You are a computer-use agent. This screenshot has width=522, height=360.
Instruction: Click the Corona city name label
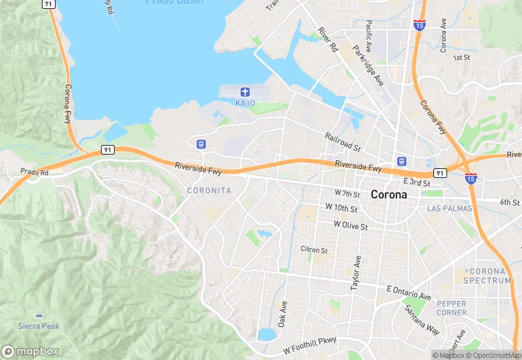(x=388, y=194)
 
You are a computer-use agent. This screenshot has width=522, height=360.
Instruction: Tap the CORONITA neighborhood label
(x=209, y=190)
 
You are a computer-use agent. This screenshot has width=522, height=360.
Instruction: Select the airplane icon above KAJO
(x=245, y=92)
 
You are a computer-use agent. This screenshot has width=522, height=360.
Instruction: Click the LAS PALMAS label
(x=449, y=208)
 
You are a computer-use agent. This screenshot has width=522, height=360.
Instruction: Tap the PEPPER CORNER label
(x=451, y=308)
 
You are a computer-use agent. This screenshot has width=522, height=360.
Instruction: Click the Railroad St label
(x=343, y=143)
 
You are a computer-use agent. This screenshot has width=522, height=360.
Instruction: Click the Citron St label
(x=315, y=249)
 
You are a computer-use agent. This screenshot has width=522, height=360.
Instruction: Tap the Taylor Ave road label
(x=356, y=273)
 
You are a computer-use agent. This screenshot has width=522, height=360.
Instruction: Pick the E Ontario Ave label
(x=409, y=292)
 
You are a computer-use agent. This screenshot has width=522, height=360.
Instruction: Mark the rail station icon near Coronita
(x=201, y=144)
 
